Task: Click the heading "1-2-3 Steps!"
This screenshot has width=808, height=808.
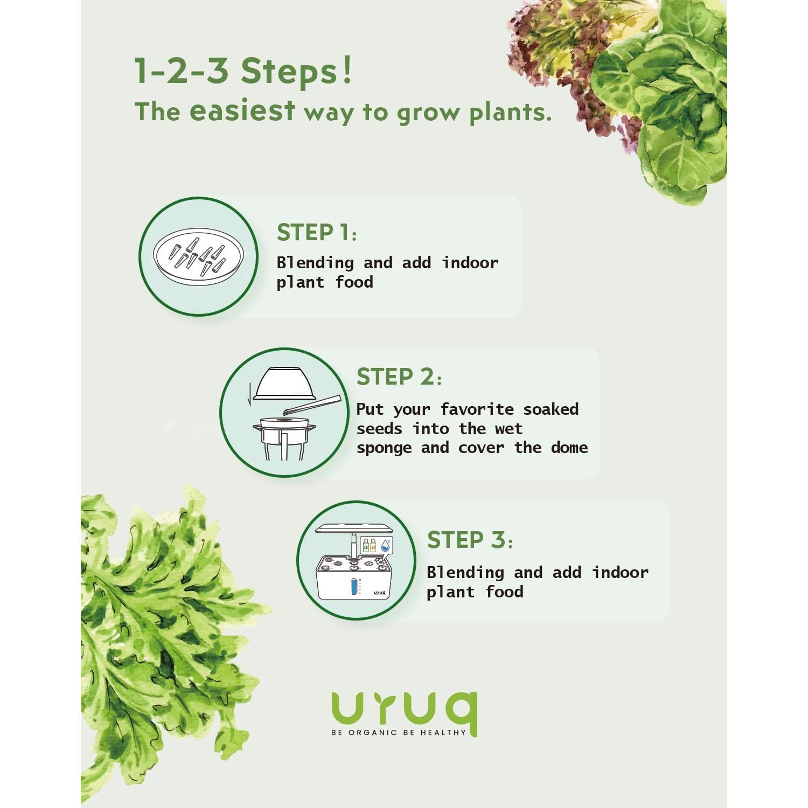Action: click(x=242, y=71)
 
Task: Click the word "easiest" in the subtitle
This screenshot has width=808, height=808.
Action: click(x=242, y=111)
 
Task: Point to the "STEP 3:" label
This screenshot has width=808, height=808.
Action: click(x=469, y=540)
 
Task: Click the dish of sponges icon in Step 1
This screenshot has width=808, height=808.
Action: click(x=198, y=256)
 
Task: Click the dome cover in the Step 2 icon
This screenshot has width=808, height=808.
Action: click(x=277, y=384)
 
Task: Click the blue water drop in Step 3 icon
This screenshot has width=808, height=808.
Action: click(x=385, y=546)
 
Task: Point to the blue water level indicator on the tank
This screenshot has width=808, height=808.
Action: click(x=354, y=587)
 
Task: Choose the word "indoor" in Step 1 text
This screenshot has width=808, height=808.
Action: click(x=470, y=263)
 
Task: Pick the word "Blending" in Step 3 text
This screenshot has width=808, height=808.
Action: click(x=465, y=573)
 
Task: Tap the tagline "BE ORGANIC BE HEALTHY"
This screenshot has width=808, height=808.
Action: click(x=399, y=733)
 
